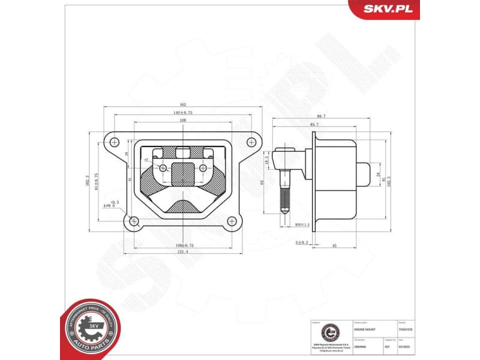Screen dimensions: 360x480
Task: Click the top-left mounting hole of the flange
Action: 113,142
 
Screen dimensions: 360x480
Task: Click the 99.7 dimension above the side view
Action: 321,116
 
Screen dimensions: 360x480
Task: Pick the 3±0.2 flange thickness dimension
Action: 301,242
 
